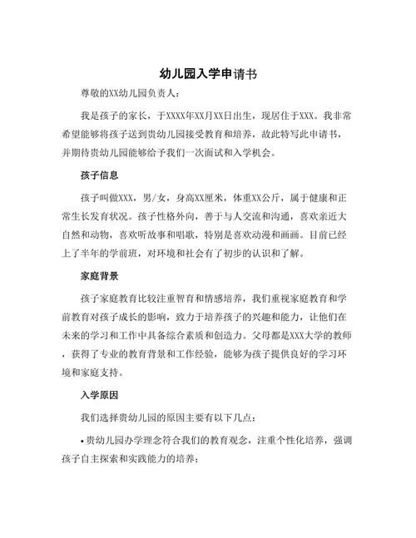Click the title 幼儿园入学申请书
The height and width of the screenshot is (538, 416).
point(208,74)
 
